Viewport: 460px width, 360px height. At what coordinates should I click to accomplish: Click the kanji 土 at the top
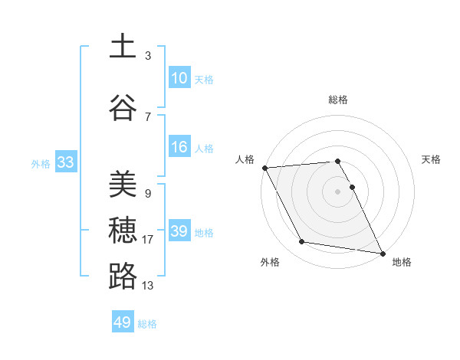coord(123,47)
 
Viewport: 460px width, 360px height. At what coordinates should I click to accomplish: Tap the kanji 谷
coord(123,108)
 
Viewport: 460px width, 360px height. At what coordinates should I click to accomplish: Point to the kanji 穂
coord(123,231)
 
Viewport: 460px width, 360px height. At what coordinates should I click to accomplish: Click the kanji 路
coord(123,277)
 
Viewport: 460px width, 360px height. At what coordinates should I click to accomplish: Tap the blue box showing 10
coord(179,78)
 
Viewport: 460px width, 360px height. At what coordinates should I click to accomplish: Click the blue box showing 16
coord(179,147)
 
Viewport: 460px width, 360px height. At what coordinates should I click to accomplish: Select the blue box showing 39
coord(179,231)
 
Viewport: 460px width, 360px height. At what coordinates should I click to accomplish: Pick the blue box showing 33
coord(65,162)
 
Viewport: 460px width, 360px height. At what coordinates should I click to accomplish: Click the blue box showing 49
coord(123,322)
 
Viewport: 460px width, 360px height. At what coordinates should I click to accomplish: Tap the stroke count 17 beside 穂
coord(148,240)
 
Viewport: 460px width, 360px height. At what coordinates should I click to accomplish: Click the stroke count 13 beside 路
coord(148,286)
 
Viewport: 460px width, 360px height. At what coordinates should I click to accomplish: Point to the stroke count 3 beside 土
coord(148,56)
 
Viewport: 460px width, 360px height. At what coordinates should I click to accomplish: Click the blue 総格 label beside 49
coord(147,324)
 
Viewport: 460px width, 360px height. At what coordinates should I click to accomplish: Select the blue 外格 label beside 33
coord(41,163)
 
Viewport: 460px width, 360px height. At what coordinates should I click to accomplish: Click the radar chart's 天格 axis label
coord(432,159)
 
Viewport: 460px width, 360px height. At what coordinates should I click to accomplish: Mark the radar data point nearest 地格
coord(383,253)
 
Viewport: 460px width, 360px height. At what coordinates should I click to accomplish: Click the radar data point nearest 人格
coord(264,168)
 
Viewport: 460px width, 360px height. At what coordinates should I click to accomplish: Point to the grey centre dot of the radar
coord(337,191)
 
